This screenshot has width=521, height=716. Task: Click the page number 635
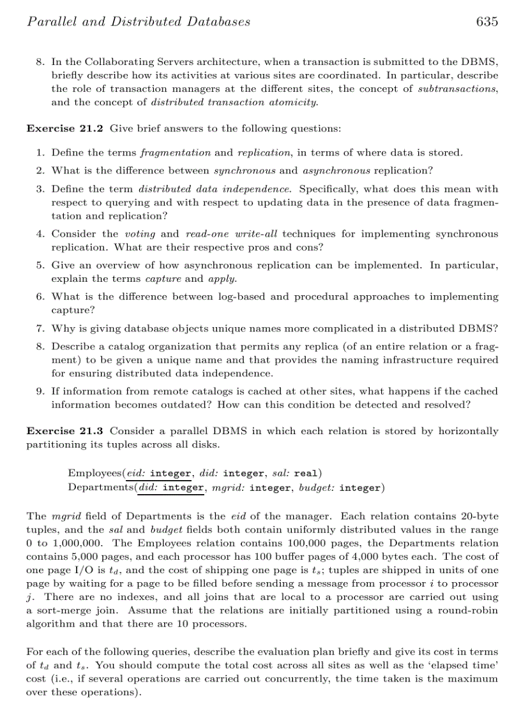(x=487, y=22)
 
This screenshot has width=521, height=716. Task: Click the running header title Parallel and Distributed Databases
(x=139, y=22)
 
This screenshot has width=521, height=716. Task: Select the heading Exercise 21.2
(x=65, y=129)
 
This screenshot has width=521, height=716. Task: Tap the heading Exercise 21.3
(x=65, y=431)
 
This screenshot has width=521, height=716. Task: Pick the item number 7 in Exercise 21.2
(x=39, y=329)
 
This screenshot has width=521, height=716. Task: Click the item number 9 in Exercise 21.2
(x=39, y=391)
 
